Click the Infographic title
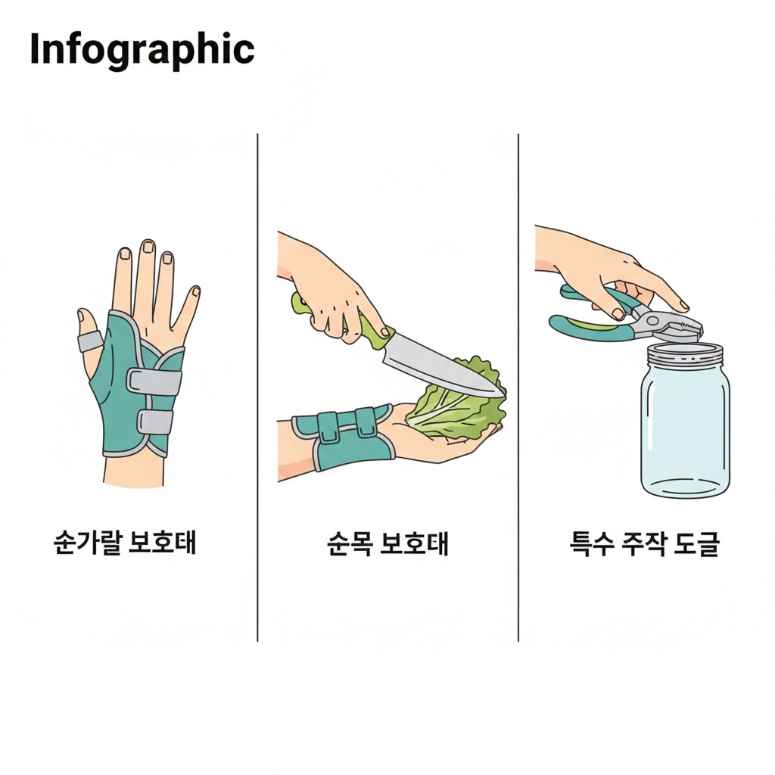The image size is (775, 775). [x=142, y=51]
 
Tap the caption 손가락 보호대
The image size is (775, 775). [x=125, y=543]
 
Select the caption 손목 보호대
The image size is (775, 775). [x=387, y=543]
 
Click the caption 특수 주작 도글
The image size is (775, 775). [x=644, y=543]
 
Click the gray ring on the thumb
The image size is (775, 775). [x=90, y=341]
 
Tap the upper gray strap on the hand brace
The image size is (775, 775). [x=154, y=381]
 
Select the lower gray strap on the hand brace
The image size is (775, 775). [x=154, y=422]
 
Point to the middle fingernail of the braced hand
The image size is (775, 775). [x=148, y=247]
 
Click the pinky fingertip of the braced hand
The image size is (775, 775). [x=196, y=291]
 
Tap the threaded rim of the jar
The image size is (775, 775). [x=685, y=354]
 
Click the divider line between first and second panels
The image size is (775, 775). [x=257, y=387]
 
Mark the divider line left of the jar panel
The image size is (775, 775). [x=518, y=387]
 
